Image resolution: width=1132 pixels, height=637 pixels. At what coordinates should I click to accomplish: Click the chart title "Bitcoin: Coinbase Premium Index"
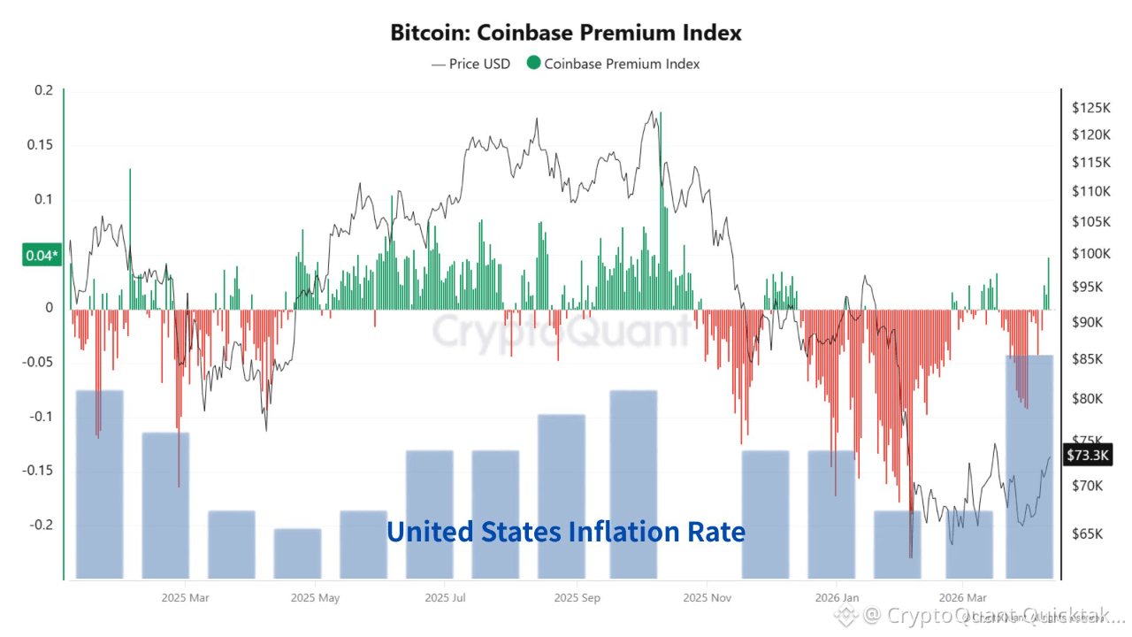click(x=566, y=33)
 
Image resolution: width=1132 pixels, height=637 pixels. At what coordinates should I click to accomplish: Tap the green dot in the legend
click(x=533, y=64)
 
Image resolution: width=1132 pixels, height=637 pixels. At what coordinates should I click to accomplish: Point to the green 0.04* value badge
click(x=42, y=257)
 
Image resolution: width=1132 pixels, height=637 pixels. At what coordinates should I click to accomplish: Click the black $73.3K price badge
click(x=1088, y=455)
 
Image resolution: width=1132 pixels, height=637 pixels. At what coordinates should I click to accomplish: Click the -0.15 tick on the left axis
click(x=38, y=471)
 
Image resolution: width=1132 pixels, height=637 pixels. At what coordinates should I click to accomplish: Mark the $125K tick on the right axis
click(x=1090, y=108)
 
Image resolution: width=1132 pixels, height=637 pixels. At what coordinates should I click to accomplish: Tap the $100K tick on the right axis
click(x=1090, y=254)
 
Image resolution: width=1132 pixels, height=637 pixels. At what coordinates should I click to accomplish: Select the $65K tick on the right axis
click(x=1088, y=534)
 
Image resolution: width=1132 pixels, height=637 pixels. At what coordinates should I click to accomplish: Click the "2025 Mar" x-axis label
click(x=186, y=598)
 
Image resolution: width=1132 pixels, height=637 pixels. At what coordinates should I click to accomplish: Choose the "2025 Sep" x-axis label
click(x=577, y=598)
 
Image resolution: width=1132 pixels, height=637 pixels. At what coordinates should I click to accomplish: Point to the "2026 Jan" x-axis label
click(x=838, y=598)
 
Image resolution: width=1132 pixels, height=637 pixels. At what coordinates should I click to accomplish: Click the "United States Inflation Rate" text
click(x=566, y=532)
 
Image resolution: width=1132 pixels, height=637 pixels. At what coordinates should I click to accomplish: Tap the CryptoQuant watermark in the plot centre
click(x=562, y=332)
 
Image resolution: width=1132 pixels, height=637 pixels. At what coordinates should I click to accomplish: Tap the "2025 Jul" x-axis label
click(x=447, y=598)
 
